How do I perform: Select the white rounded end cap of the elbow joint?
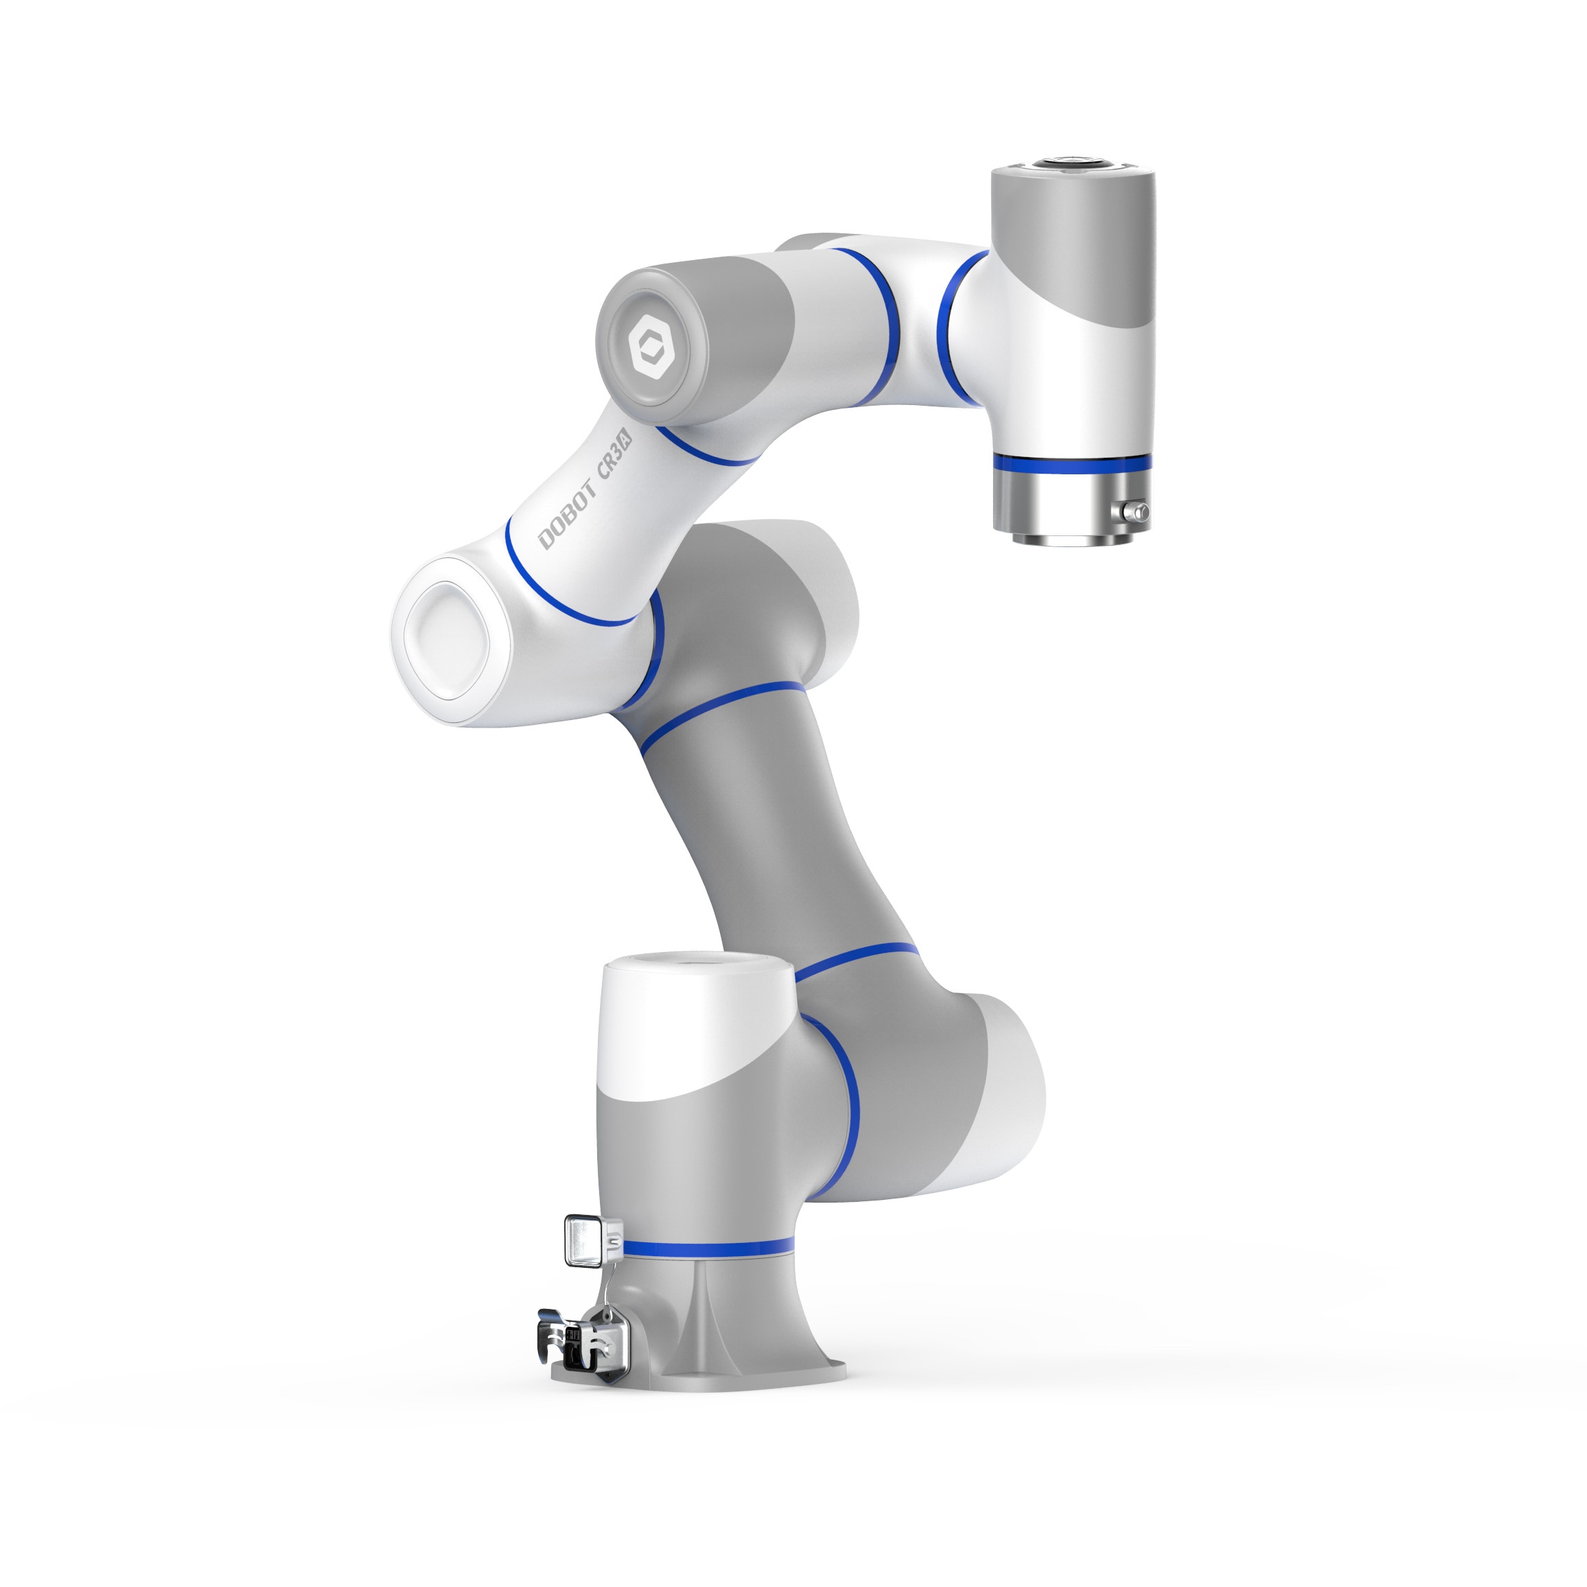coord(446,642)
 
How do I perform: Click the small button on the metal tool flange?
coord(1139,513)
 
